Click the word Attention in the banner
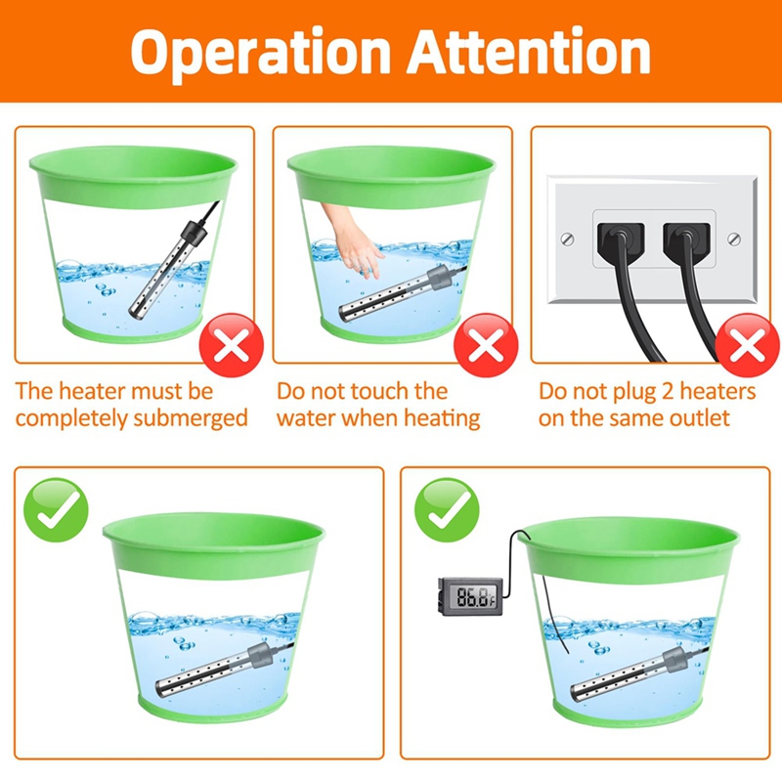pyautogui.click(x=529, y=51)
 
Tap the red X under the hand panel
pyautogui.click(x=486, y=345)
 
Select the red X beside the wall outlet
pyautogui.click(x=747, y=345)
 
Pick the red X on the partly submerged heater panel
pyautogui.click(x=232, y=345)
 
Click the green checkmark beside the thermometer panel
pyautogui.click(x=447, y=509)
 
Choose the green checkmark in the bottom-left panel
pyautogui.click(x=56, y=509)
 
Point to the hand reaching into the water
pyautogui.click(x=353, y=239)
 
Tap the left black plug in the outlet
pyautogui.click(x=621, y=241)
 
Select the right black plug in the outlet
pyautogui.click(x=686, y=241)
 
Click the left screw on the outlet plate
pyautogui.click(x=568, y=239)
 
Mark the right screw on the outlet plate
pyautogui.click(x=734, y=239)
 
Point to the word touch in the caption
pyautogui.click(x=380, y=391)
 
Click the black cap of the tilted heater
pyautogui.click(x=194, y=233)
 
